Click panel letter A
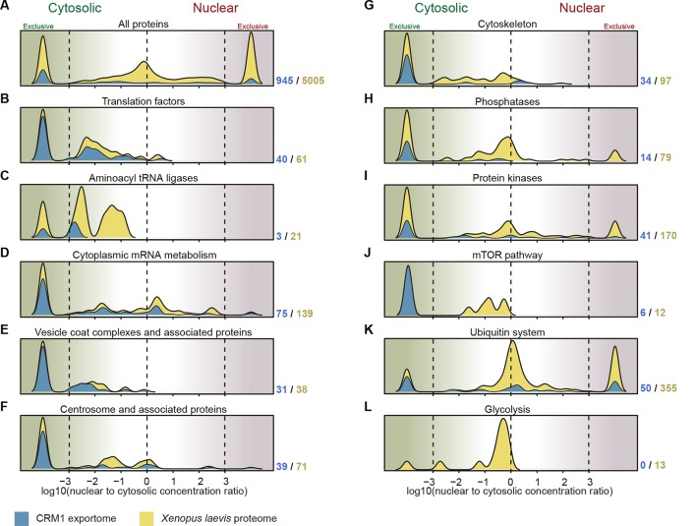[x=7, y=8]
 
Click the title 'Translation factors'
[x=146, y=100]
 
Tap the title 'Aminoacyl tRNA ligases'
[x=146, y=175]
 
